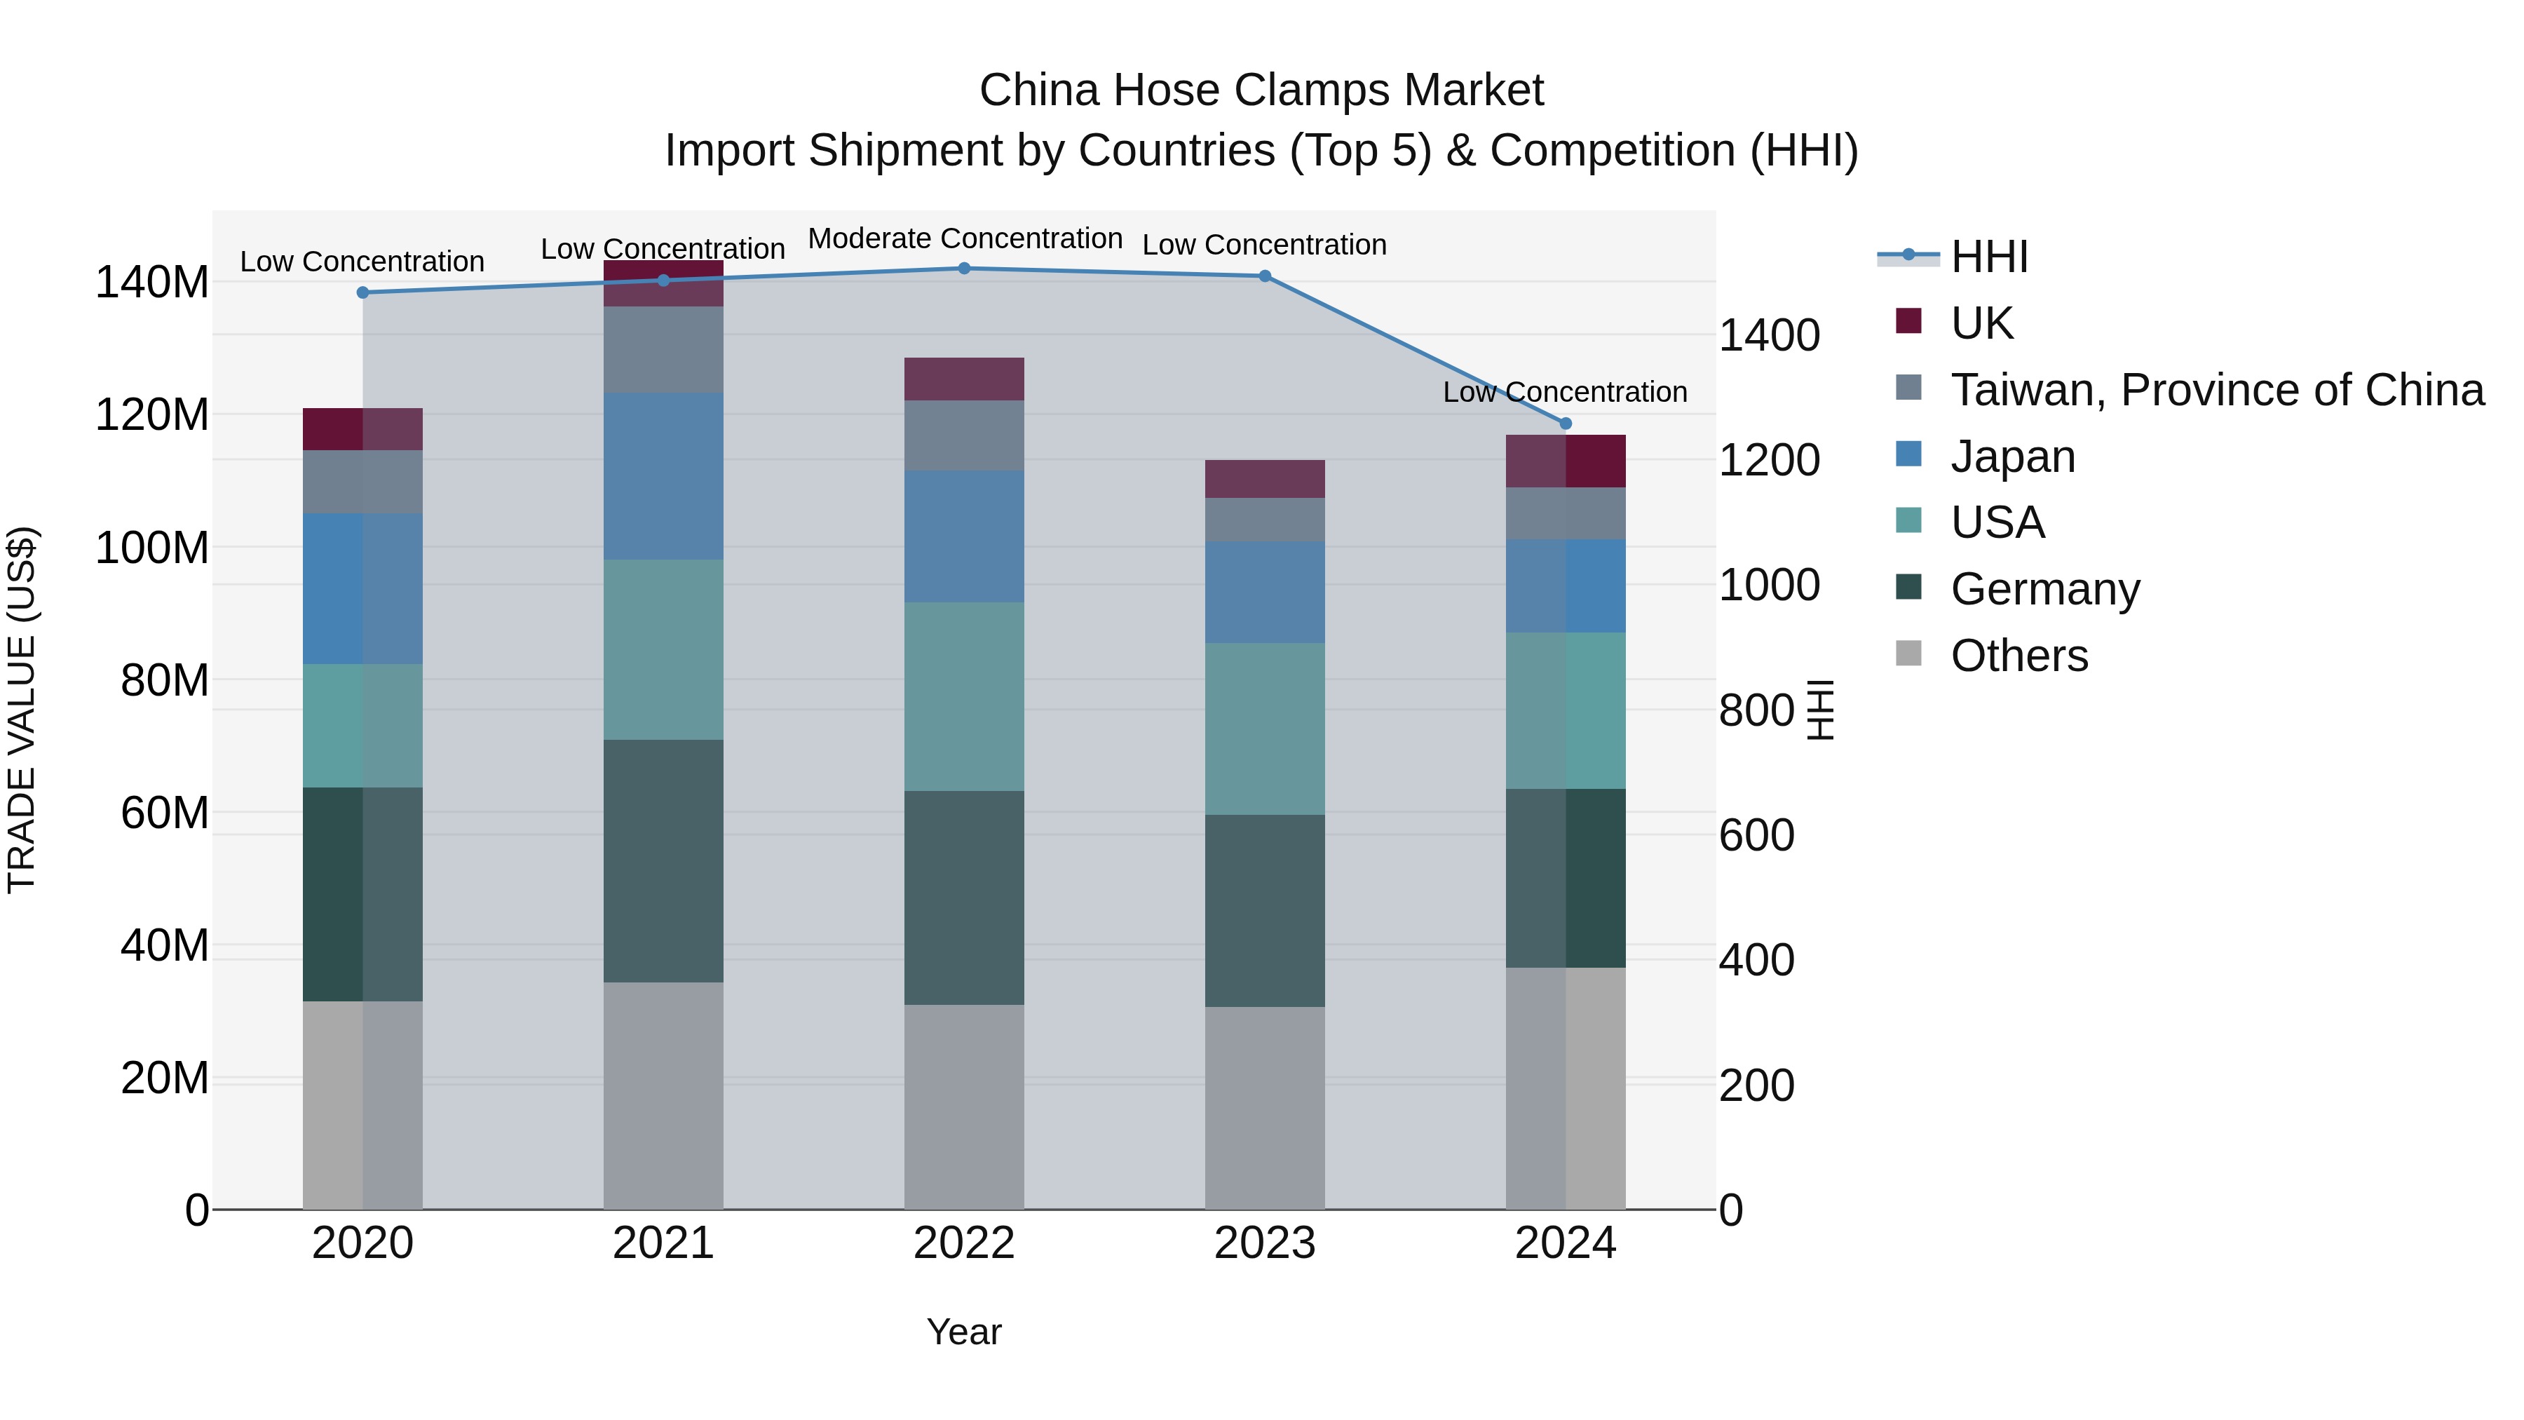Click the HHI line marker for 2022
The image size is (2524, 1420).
pyautogui.click(x=964, y=269)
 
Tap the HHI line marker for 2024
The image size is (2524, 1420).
pyautogui.click(x=1565, y=424)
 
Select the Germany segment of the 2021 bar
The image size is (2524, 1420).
pyautogui.click(x=663, y=860)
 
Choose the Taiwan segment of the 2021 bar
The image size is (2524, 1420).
pyautogui.click(x=663, y=350)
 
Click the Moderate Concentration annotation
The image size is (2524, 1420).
pyautogui.click(x=964, y=238)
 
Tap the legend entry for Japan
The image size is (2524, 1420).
pyautogui.click(x=2011, y=457)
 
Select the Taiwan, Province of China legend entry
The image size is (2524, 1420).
pyautogui.click(x=2216, y=390)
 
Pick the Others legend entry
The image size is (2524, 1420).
pyautogui.click(x=2018, y=656)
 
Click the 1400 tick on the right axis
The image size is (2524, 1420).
pyautogui.click(x=1769, y=335)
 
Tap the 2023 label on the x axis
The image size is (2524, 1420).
pyautogui.click(x=1264, y=1243)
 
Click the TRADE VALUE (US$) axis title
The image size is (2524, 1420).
pyautogui.click(x=22, y=710)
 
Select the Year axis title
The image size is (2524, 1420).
pyautogui.click(x=964, y=1332)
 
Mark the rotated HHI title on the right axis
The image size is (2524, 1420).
pyautogui.click(x=1821, y=710)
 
